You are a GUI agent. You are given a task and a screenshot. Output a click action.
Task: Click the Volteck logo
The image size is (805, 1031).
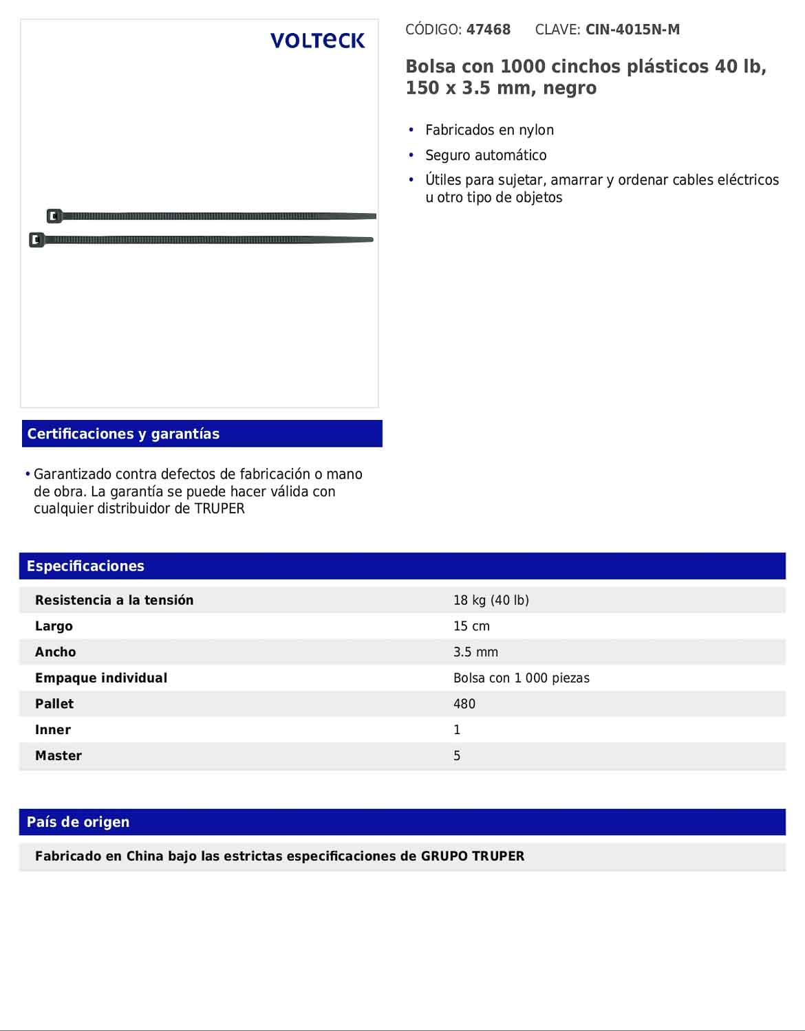tap(317, 41)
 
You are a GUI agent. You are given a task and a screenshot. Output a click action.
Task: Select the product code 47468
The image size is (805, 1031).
tap(489, 30)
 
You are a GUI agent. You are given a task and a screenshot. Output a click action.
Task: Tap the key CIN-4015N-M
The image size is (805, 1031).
tap(632, 30)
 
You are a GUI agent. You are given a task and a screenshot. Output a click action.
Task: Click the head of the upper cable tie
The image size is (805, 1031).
tap(54, 216)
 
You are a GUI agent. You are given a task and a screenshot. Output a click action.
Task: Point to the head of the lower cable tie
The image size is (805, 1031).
tap(37, 240)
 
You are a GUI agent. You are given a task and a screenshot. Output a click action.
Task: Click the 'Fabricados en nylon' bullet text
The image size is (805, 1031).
tap(489, 130)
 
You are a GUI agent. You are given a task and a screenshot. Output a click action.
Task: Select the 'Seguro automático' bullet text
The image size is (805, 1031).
tap(486, 155)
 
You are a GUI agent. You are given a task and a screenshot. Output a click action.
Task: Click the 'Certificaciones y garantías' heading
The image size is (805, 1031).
tap(123, 434)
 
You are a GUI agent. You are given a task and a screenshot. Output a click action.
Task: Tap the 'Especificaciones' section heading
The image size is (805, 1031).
tap(85, 566)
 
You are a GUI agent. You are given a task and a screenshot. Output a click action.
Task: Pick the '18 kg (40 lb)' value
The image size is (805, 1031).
tap(491, 600)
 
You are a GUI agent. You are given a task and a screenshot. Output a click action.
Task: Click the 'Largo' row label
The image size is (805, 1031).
tap(54, 626)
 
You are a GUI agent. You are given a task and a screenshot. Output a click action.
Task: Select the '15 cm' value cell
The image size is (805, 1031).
tap(471, 626)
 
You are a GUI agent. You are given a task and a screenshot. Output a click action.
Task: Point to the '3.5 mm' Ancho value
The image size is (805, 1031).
tap(475, 652)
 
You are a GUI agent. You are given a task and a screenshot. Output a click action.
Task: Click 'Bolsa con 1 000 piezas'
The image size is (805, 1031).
tap(521, 678)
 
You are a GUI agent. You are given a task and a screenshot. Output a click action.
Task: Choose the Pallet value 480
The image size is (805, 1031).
tap(464, 704)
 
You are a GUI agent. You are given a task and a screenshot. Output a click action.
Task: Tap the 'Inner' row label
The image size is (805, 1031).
tap(53, 730)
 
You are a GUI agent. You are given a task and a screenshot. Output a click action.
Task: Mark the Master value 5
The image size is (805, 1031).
tap(457, 756)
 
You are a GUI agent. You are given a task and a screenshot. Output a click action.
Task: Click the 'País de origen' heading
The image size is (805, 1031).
tap(78, 822)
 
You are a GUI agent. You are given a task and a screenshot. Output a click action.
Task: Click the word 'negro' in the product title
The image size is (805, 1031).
tap(570, 89)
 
